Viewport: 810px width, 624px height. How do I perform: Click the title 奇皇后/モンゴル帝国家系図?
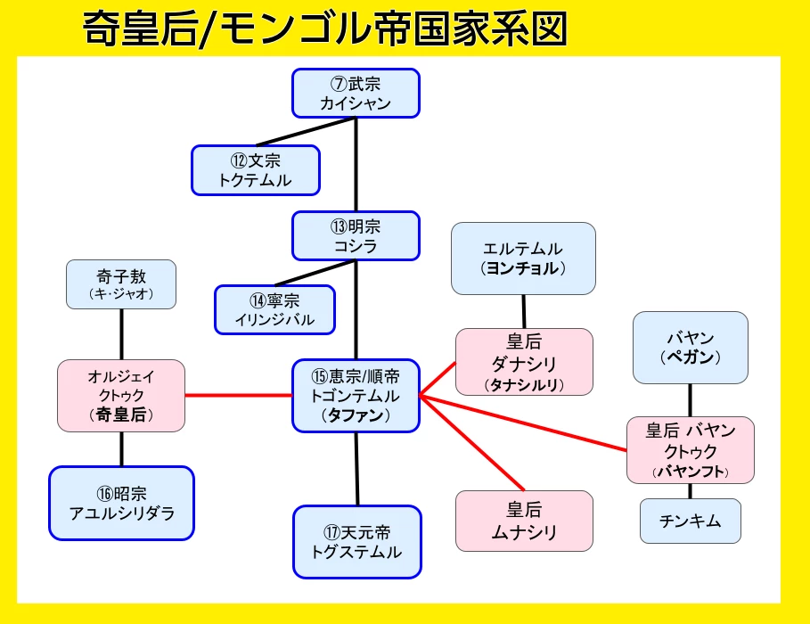click(x=325, y=29)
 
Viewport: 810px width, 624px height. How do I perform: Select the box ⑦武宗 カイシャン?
click(x=356, y=93)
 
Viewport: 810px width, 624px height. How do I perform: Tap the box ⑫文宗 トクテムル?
click(x=255, y=169)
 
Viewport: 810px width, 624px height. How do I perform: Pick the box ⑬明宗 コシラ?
click(x=356, y=235)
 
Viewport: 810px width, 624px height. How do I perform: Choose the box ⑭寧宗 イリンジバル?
click(x=274, y=309)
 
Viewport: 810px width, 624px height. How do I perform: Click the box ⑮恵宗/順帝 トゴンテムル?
click(x=356, y=395)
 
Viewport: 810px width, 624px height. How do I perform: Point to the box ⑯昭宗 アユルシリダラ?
click(x=121, y=503)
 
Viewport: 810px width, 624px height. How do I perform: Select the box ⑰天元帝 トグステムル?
click(x=356, y=541)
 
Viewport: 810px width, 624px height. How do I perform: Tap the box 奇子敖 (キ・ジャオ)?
click(x=121, y=283)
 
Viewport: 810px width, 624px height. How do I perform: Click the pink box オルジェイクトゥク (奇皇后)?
click(x=121, y=395)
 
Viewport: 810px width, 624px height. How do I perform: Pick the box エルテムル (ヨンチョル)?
click(x=522, y=258)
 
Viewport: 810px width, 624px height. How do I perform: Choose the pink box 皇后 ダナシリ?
click(x=523, y=362)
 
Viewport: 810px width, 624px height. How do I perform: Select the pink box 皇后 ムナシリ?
click(x=523, y=521)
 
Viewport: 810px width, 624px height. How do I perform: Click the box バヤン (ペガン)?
click(x=691, y=347)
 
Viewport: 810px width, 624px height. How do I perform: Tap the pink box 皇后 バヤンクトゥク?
click(x=691, y=450)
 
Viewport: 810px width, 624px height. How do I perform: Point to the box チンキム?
click(x=691, y=521)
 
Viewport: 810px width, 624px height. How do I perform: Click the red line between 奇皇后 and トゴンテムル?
click(x=239, y=395)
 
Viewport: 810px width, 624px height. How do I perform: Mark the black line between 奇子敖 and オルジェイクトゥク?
click(x=121, y=334)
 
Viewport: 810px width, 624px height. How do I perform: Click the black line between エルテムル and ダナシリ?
click(x=523, y=311)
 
